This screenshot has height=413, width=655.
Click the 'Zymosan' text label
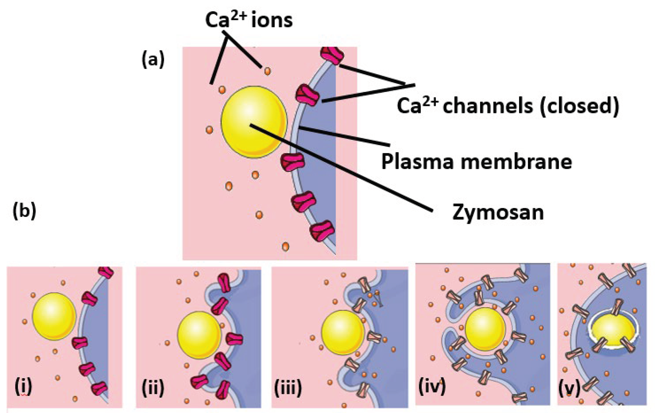point(498,213)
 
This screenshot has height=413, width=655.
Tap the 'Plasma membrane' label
point(477,162)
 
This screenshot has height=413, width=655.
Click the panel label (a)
point(153,60)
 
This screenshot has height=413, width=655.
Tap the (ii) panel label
point(153,387)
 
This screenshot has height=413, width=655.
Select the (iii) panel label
point(288,387)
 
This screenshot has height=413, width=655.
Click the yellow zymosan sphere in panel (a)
point(254,122)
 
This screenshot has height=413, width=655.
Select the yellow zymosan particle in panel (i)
point(54,316)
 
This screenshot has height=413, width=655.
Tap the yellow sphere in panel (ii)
point(199,335)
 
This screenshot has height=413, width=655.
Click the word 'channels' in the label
point(488,106)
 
